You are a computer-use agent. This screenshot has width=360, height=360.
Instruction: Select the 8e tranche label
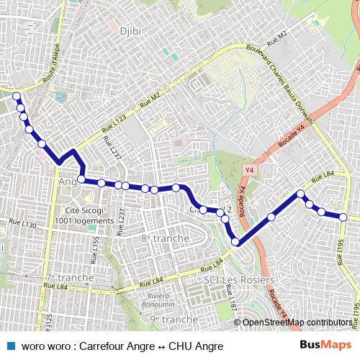click(x=165, y=238)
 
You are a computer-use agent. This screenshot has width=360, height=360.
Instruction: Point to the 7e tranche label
click(x=69, y=277)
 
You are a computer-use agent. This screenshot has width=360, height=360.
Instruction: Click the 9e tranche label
click(x=174, y=319)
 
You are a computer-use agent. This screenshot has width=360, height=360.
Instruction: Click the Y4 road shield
click(x=250, y=170)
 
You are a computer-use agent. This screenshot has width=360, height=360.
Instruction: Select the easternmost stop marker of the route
click(x=343, y=217)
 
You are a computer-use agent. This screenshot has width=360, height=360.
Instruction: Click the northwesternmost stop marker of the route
click(x=17, y=96)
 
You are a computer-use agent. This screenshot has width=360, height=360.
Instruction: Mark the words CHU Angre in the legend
click(x=193, y=346)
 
